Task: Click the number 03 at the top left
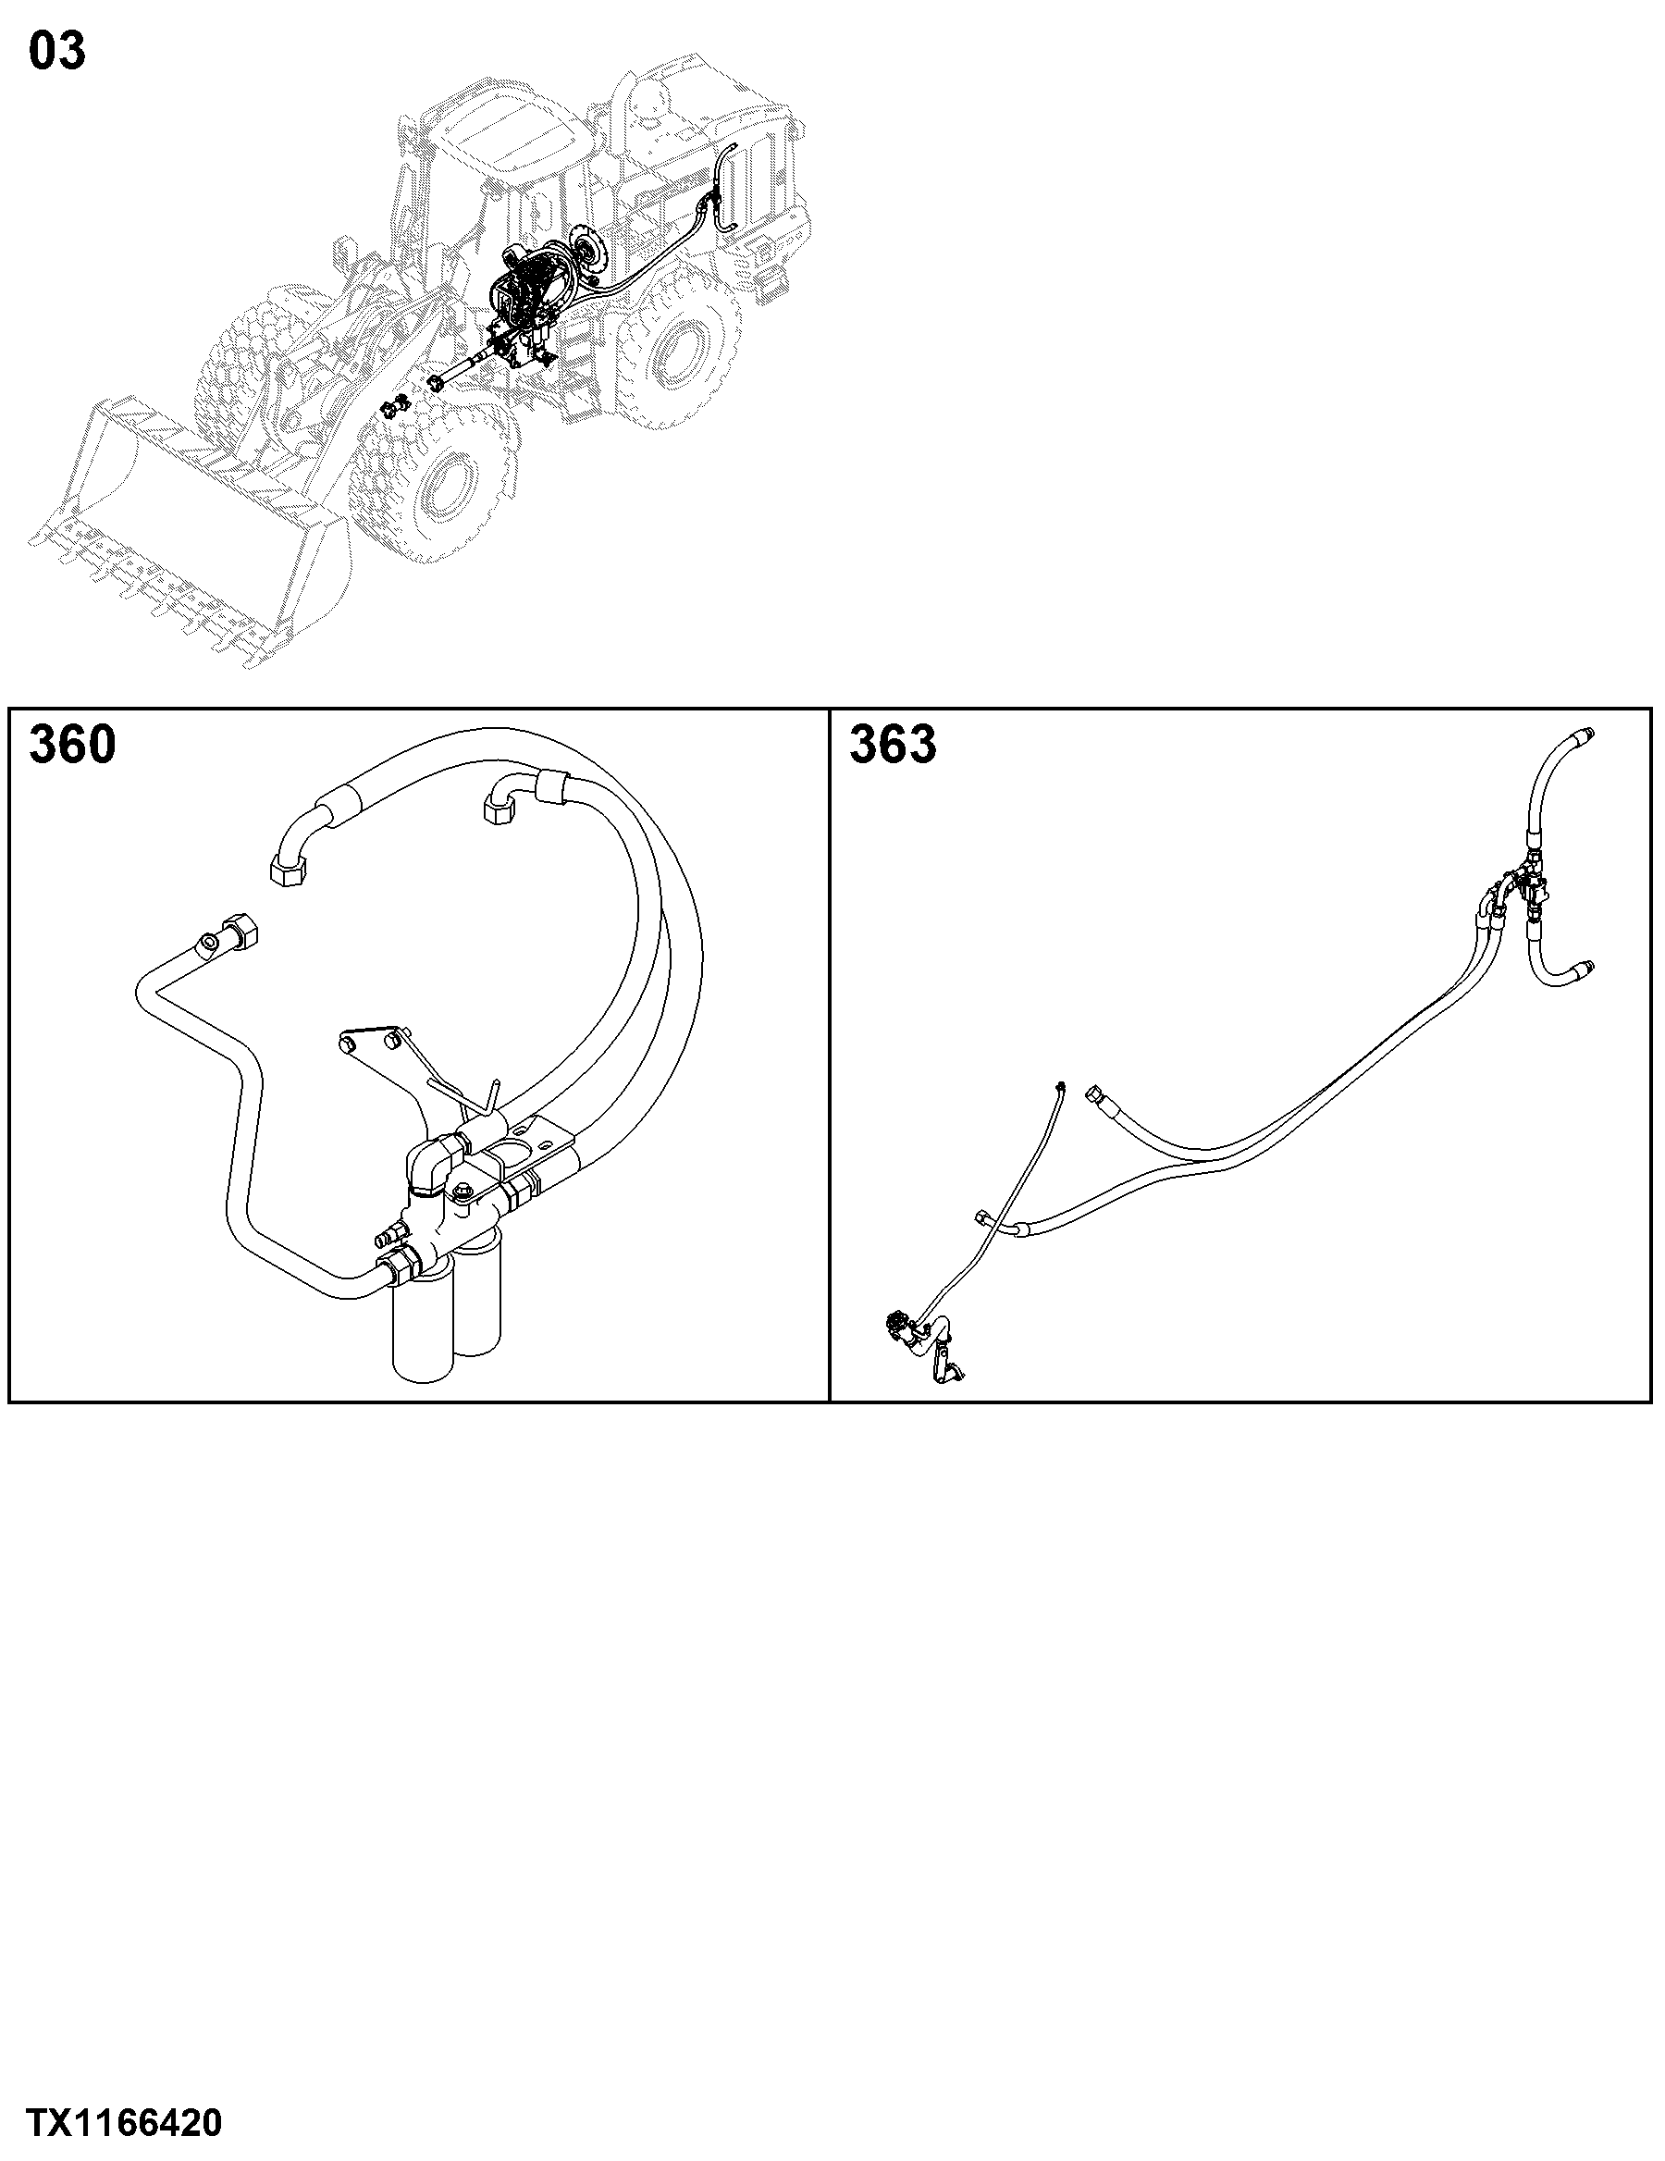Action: pos(57,52)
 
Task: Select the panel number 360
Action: pos(72,744)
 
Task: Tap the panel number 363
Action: pos(893,744)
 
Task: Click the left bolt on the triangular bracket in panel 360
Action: pos(347,1043)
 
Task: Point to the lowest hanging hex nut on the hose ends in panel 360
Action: pos(286,872)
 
